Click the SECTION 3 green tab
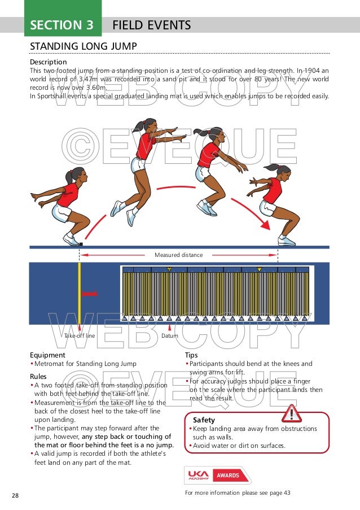point(62,25)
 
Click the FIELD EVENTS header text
point(151,25)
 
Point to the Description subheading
point(48,62)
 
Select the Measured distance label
point(178,255)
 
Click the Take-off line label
point(80,335)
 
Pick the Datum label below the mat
point(170,335)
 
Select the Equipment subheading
point(49,355)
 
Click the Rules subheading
point(39,376)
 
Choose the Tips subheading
point(191,355)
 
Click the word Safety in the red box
point(204,420)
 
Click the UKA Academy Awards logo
point(217,476)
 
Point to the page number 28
point(15,495)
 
